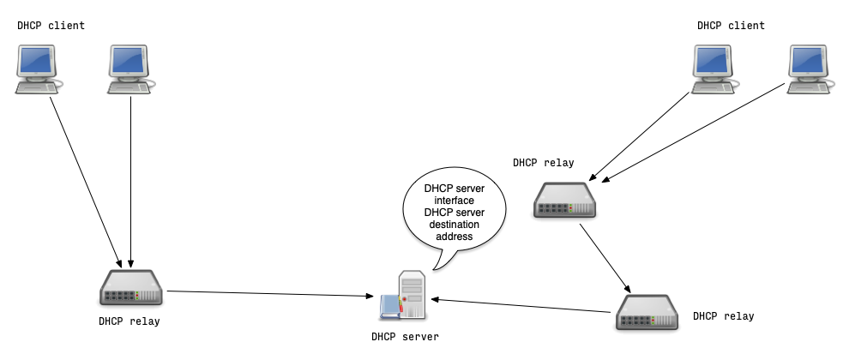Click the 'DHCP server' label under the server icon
405,337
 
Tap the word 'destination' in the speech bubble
455,224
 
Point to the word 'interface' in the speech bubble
455,201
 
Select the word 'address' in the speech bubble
455,236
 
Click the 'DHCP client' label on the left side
51,26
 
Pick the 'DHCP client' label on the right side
731,26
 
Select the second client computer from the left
130,69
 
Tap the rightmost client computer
810,69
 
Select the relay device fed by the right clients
565,200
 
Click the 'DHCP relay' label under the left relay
129,321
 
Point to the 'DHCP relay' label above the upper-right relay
544,162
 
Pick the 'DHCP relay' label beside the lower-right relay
723,316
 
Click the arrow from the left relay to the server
274,294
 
